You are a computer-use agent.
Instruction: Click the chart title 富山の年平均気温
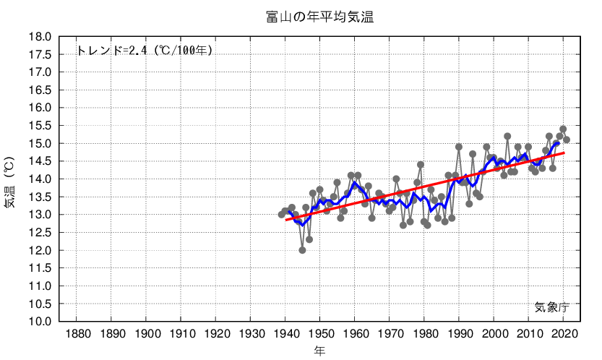(319, 17)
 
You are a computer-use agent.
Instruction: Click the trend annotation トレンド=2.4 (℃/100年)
(144, 51)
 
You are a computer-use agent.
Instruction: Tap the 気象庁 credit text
(552, 307)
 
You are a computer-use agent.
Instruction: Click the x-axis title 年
(319, 351)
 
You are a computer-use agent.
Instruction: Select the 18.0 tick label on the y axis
(40, 37)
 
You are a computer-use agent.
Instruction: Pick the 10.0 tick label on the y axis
(40, 322)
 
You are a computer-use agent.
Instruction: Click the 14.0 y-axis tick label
(40, 179)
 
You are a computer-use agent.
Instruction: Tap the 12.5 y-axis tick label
(40, 233)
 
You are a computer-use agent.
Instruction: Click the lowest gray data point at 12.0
(302, 250)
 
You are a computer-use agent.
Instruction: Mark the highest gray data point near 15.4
(563, 129)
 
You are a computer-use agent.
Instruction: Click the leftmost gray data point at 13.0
(282, 215)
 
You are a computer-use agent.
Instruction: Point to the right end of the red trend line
(563, 153)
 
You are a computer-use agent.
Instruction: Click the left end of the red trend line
(285, 219)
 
